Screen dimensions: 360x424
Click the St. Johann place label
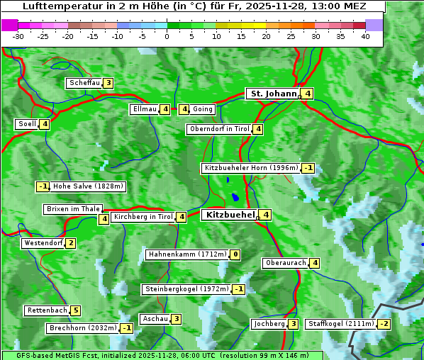click(272, 94)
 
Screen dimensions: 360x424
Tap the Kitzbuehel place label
click(229, 214)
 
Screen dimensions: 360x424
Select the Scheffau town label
click(84, 83)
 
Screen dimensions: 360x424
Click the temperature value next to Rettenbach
click(76, 310)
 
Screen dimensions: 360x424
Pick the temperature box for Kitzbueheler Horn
click(308, 168)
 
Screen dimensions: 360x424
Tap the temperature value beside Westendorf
click(70, 243)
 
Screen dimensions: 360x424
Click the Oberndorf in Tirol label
click(220, 129)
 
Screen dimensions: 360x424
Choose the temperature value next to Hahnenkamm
click(235, 254)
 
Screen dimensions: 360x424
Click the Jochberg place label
click(269, 324)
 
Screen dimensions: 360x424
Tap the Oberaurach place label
click(285, 263)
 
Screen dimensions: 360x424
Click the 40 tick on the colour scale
click(365, 35)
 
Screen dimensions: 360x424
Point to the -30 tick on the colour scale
click(18, 35)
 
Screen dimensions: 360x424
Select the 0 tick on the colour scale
click(167, 35)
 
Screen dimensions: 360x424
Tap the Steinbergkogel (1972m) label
click(187, 289)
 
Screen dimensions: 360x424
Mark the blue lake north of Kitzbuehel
click(234, 198)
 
